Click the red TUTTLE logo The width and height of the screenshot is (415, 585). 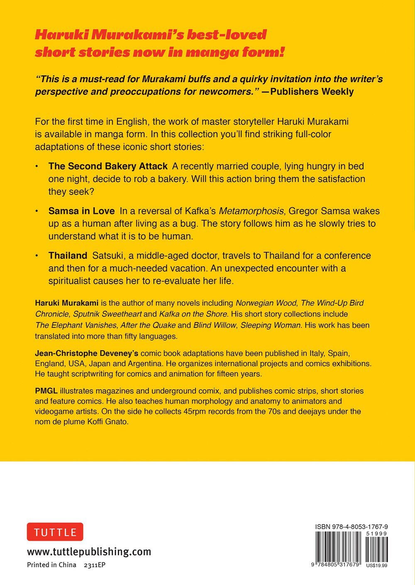click(x=55, y=532)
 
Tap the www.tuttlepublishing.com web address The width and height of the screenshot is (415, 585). click(x=89, y=552)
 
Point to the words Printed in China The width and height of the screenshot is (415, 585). click(x=51, y=565)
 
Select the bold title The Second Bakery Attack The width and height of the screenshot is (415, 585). click(x=108, y=166)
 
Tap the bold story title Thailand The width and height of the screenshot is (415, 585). click(x=68, y=255)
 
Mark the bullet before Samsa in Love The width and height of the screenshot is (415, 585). click(x=37, y=211)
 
